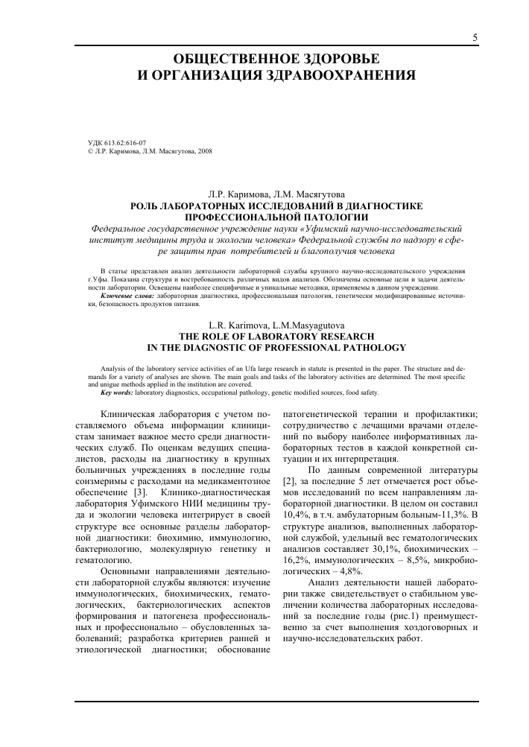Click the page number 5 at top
[474, 38]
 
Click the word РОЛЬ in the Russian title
[147, 203]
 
